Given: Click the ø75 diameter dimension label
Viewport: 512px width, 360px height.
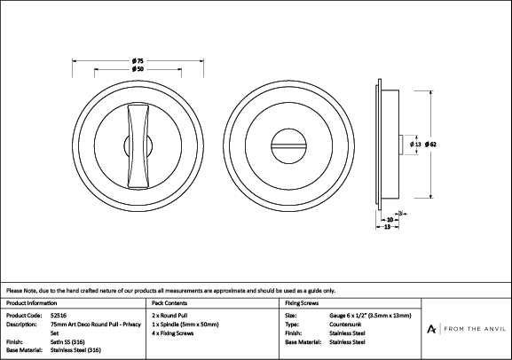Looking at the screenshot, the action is [138, 60].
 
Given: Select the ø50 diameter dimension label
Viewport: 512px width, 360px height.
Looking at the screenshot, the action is [138, 69].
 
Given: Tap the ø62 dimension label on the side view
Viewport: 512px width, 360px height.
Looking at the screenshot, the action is [430, 145].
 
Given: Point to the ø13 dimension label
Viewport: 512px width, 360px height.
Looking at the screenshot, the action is [415, 145].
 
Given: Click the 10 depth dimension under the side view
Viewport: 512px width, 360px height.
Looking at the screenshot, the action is [390, 220].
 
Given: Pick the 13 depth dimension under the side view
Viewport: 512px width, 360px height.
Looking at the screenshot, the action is [387, 226].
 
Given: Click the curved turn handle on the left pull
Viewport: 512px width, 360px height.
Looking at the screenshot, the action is [138, 146].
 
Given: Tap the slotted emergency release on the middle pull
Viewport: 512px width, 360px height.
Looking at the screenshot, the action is [289, 146].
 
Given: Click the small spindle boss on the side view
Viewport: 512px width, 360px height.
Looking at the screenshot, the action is [402, 145].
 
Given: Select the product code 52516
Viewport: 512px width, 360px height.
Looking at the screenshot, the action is [59, 316].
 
